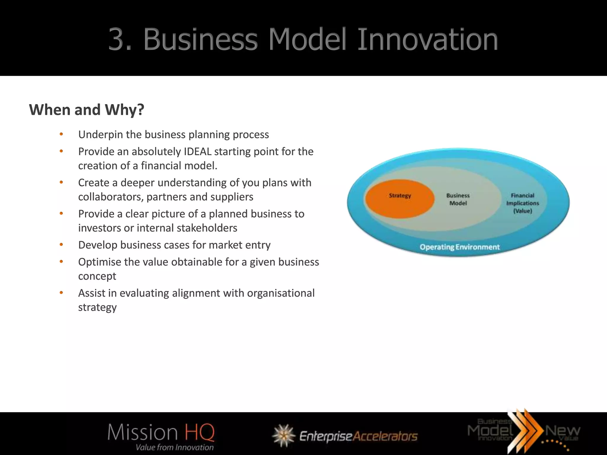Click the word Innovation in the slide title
point(427,39)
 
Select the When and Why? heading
point(87,110)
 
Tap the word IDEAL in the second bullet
point(198,152)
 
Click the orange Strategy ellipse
point(400,199)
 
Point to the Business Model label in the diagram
point(458,199)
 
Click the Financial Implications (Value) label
point(523,203)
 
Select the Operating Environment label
point(459,247)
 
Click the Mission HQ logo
point(161,433)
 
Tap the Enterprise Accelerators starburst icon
point(284,435)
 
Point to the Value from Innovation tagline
point(175,447)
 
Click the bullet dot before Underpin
point(61,134)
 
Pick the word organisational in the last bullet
point(281,293)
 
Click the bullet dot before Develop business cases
point(61,245)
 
